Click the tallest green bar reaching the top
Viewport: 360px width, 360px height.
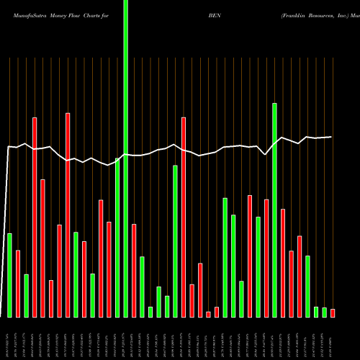126,158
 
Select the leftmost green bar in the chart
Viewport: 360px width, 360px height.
10,275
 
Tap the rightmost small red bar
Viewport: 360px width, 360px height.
333,312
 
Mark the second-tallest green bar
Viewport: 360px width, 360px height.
274,210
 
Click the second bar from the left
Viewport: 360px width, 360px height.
18,283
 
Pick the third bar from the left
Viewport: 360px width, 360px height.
27,295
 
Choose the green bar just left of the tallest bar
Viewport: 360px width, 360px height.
117,238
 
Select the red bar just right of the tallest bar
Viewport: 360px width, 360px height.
134,270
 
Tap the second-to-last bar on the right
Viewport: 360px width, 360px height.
324,312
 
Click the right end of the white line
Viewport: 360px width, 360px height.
332,137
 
